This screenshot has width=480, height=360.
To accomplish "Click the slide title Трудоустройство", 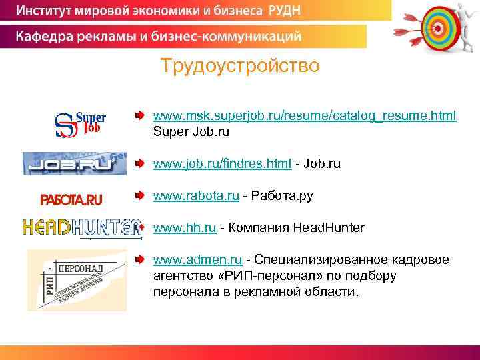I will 240,66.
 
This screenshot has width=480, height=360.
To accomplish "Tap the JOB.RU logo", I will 75,163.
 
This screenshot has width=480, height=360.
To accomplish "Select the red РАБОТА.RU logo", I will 71,199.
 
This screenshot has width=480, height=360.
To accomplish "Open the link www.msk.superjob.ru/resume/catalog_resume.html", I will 305,116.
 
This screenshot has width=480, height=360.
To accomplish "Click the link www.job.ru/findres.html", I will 222,163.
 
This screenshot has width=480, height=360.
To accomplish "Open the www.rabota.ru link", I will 196,196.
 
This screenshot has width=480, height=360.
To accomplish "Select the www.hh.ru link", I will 185,228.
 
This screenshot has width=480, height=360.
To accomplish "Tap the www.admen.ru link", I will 197,259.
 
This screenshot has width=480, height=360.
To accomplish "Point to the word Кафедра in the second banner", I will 48,35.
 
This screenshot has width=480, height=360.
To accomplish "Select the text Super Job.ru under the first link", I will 191,132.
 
